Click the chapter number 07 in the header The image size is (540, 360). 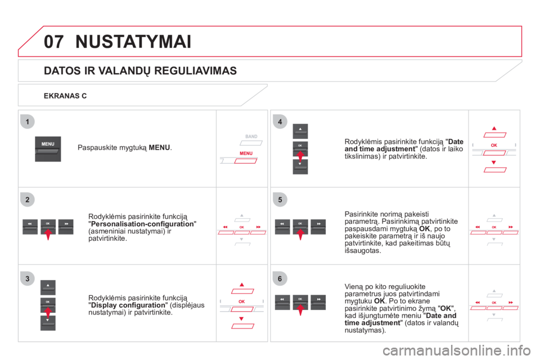[53, 42]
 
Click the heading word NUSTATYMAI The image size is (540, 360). [133, 42]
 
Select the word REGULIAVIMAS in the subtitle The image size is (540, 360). [196, 71]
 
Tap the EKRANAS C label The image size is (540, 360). [65, 96]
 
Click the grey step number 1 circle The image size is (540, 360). [28, 121]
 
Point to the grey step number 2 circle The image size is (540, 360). [28, 200]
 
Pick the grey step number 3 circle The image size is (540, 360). [28, 278]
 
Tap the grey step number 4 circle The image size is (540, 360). [280, 121]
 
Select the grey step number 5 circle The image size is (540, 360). [280, 200]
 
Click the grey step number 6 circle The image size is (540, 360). [280, 278]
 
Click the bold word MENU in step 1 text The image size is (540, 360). [159, 147]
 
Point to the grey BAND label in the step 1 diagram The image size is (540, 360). [251, 137]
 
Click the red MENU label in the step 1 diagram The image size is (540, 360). [246, 154]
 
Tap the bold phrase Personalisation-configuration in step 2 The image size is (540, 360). [142, 224]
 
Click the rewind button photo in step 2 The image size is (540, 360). [30, 227]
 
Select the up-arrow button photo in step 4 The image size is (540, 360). [300, 131]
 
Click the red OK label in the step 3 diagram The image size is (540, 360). [242, 301]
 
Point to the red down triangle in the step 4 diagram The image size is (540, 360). [493, 162]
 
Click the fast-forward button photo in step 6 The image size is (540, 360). [318, 303]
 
